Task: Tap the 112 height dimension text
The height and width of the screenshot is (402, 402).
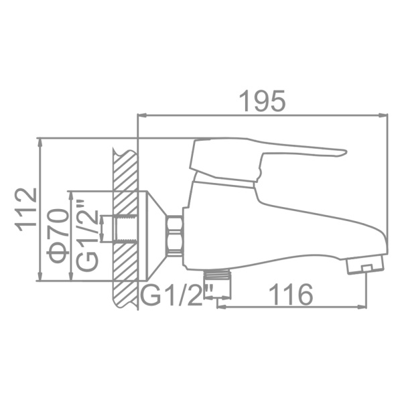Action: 26,209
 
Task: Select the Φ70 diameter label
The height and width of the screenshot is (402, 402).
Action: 58,235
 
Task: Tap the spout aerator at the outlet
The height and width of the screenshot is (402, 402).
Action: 365,265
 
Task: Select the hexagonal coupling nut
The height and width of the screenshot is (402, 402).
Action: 174,235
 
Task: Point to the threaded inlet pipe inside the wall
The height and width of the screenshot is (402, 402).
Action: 117,228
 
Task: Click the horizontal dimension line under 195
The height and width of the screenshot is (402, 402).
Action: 263,116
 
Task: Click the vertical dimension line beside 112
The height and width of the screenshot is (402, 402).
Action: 41,209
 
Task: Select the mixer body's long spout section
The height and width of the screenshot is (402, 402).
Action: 301,231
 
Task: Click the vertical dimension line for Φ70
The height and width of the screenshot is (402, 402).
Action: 70,236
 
